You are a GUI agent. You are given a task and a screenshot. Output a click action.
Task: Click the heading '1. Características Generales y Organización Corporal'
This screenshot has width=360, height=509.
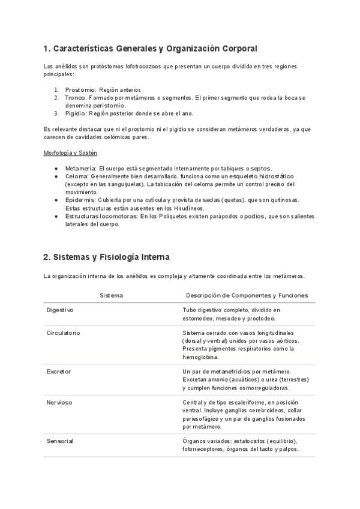tap(150, 48)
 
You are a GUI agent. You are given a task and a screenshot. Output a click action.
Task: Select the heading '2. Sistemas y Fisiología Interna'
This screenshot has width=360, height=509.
tap(106, 257)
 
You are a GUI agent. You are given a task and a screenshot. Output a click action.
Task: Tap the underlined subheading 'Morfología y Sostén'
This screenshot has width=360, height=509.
tap(71, 153)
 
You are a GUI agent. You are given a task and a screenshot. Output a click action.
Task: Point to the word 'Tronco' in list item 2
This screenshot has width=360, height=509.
tap(76, 97)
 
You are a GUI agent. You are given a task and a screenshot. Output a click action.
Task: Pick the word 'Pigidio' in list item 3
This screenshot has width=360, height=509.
tap(76, 113)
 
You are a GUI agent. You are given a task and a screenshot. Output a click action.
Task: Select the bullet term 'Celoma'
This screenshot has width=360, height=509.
tap(76, 176)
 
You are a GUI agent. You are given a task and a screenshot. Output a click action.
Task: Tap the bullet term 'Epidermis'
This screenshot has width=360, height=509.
tap(79, 200)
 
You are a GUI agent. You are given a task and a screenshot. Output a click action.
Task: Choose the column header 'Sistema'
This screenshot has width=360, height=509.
tap(112, 295)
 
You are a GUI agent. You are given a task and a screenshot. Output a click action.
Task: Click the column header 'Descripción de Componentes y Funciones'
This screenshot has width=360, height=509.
tap(247, 295)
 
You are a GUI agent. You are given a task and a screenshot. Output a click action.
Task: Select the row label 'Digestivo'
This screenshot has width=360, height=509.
tap(60, 310)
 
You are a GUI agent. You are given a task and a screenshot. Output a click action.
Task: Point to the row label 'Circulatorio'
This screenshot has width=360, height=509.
tap(63, 333)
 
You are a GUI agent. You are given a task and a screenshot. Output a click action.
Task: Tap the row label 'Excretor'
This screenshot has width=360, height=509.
tap(59, 372)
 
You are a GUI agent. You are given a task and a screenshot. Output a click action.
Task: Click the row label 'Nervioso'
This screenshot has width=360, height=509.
tap(59, 402)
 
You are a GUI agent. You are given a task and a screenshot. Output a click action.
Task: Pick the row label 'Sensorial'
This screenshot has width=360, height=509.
tap(60, 441)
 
